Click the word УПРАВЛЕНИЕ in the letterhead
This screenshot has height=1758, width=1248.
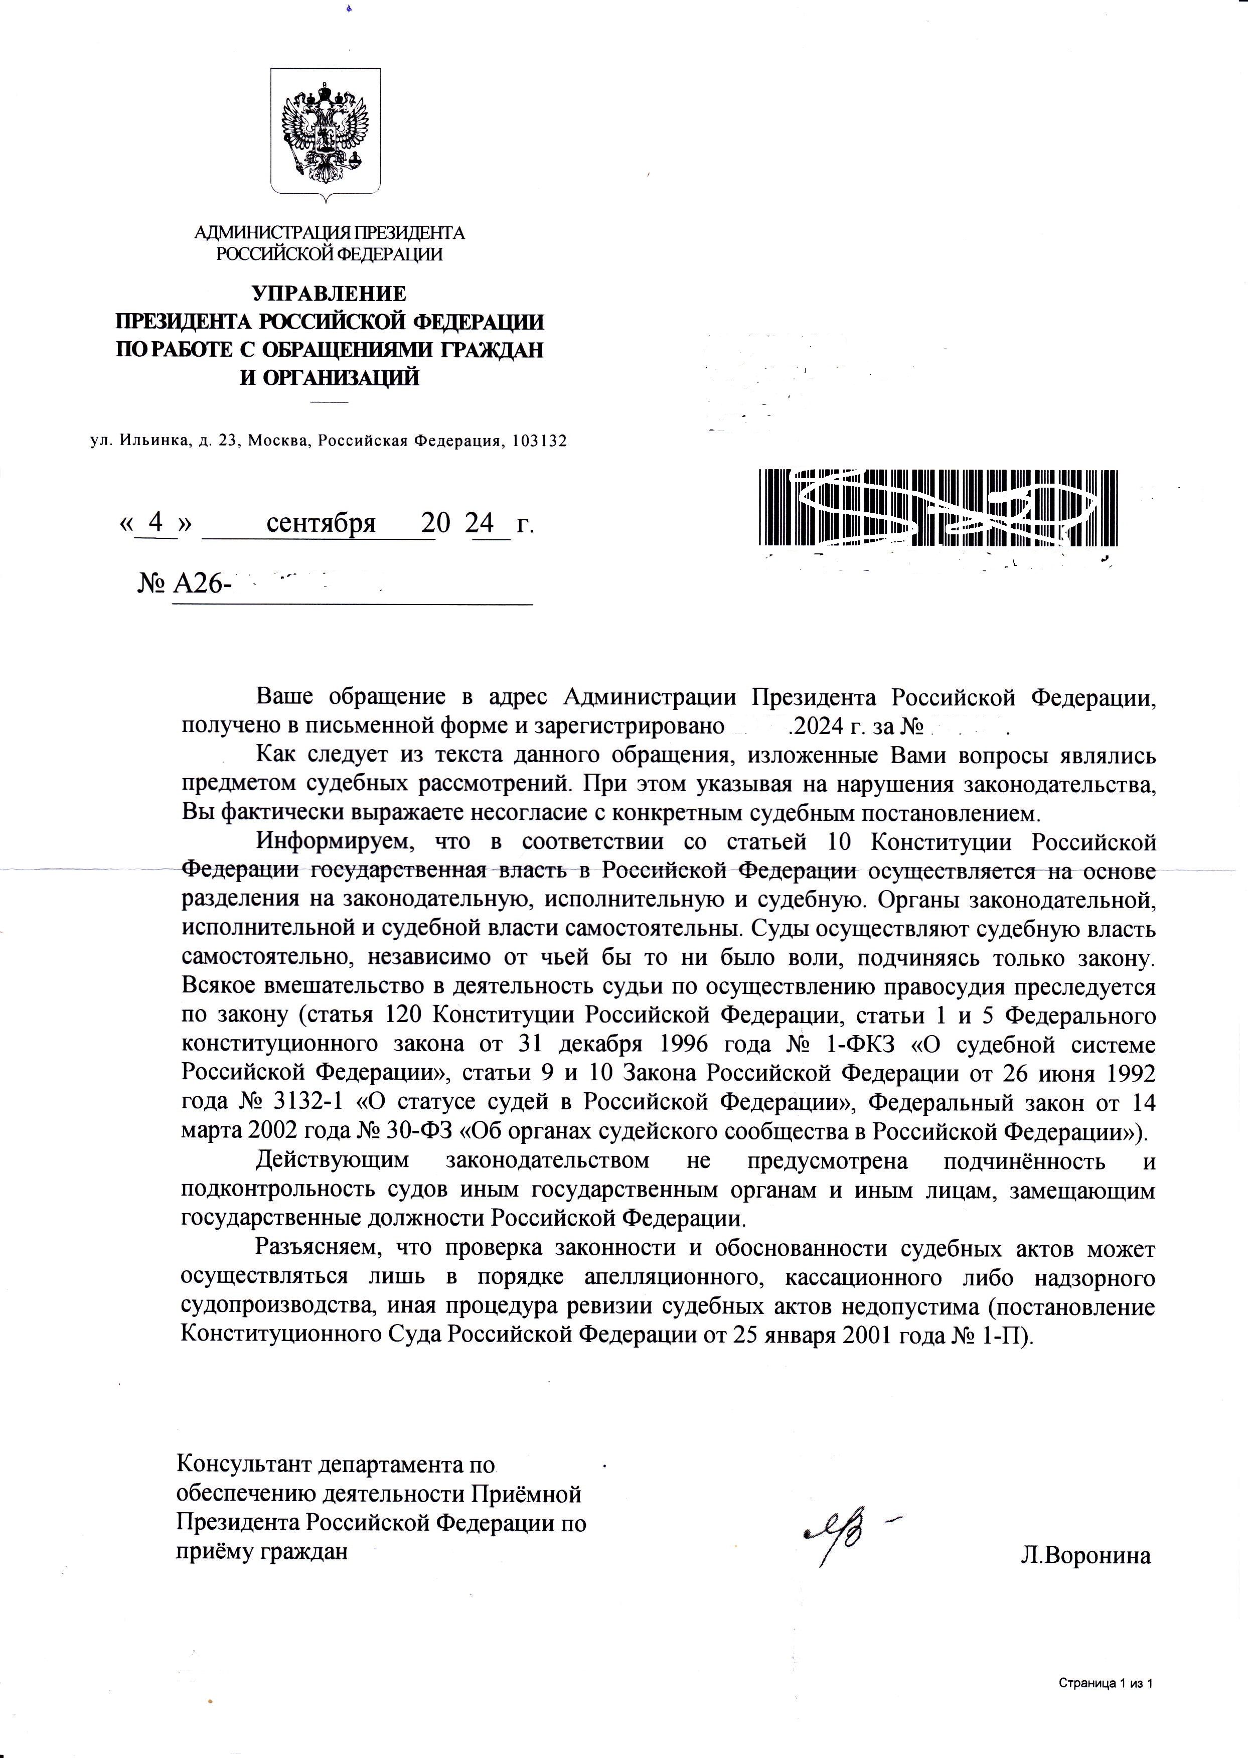329,294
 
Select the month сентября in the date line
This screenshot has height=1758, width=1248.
321,523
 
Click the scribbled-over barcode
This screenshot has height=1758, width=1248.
939,509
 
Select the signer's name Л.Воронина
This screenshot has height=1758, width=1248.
1085,1556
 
